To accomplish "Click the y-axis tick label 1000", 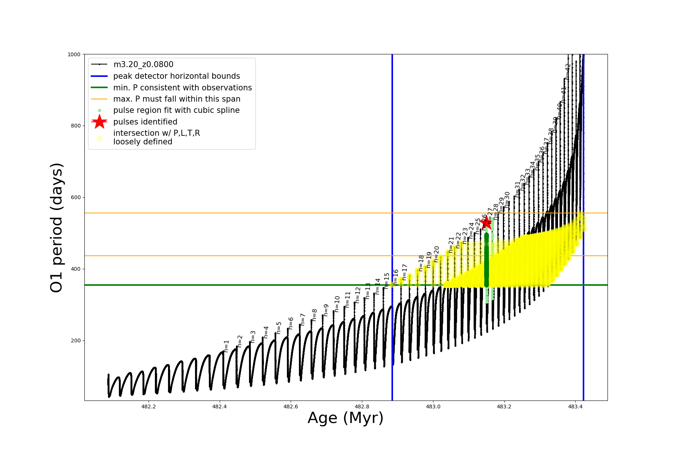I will point(74,54).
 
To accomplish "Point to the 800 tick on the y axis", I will point(75,126).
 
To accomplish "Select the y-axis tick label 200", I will point(75,341).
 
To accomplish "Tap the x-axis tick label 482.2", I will point(148,406).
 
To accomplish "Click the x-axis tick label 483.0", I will point(433,406).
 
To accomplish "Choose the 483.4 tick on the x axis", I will point(575,406).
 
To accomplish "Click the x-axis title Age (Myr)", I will point(345,418).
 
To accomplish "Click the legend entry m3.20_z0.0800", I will point(143,64).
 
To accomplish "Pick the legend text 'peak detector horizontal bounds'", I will point(177,76).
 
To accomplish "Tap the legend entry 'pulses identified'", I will point(145,122).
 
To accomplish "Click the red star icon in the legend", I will point(99,121).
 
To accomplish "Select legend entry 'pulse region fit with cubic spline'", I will point(176,110).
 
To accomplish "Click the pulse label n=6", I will point(291,323).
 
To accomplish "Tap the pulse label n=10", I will point(337,304).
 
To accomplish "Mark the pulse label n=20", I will point(436,254).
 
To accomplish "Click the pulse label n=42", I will point(567,71).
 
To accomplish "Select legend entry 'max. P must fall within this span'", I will point(177,99).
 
